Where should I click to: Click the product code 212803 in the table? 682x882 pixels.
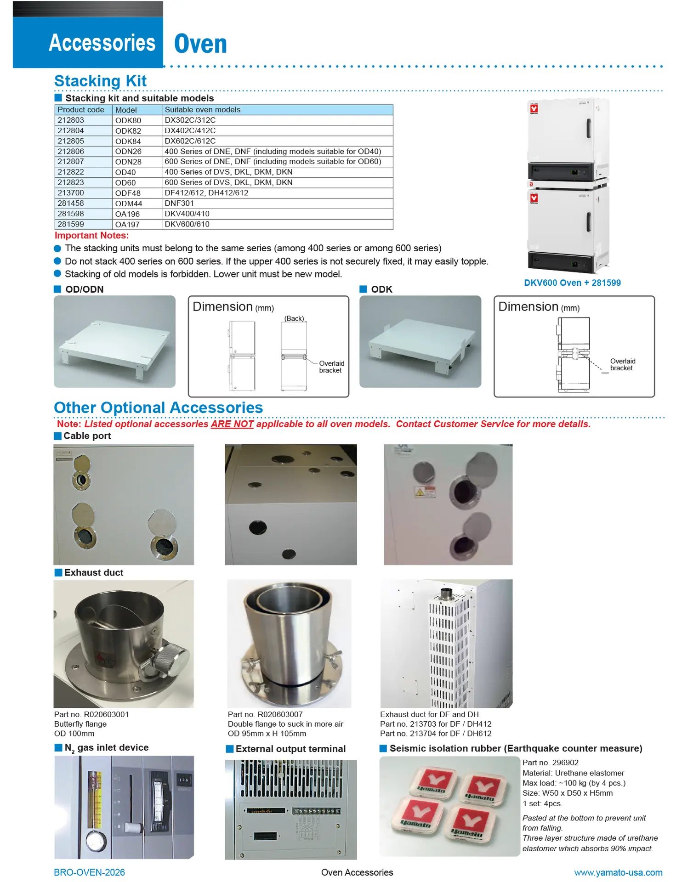71,120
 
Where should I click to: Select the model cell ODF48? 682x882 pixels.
128,193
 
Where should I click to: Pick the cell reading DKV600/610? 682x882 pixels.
187,224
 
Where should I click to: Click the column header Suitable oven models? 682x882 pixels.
202,110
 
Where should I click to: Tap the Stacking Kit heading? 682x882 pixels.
100,81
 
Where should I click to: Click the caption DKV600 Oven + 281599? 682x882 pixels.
572,283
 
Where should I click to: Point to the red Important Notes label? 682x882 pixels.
91,236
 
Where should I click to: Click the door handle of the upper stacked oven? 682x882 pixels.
588,128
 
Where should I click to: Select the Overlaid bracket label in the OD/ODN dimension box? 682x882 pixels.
331,367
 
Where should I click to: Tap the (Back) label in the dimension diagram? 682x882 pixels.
294,318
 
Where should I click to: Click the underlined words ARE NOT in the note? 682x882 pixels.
232,424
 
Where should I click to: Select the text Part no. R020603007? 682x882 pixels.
265,714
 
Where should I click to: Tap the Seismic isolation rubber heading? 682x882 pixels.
515,748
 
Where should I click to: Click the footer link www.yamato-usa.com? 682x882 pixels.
618,872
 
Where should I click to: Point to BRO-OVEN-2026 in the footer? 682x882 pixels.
89,872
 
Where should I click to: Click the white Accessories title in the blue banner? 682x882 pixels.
102,43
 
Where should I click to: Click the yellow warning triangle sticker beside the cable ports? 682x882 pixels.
419,492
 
